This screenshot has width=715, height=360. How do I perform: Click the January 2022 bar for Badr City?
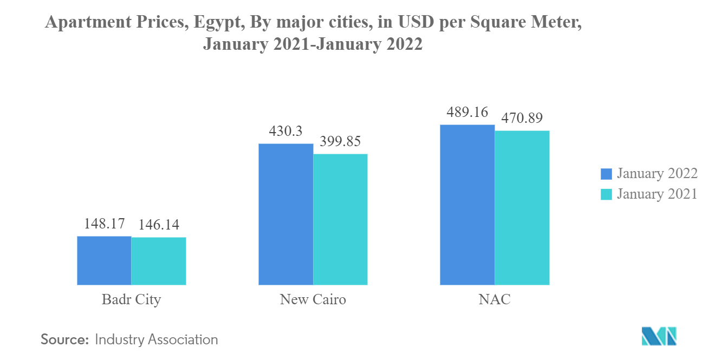point(104,260)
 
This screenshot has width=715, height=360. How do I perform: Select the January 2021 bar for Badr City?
point(159,261)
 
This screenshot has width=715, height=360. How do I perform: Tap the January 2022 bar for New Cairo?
point(285,214)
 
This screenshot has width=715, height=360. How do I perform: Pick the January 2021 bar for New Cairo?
point(340,219)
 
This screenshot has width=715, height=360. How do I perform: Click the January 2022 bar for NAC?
point(467,205)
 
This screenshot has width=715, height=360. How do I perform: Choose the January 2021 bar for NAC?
point(522,207)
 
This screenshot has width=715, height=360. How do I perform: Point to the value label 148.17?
point(104,223)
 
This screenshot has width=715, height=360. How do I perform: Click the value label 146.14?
point(159,224)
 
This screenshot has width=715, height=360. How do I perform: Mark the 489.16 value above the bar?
point(467,112)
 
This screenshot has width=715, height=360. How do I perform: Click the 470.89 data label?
point(522,117)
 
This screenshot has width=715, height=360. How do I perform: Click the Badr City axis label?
point(131,299)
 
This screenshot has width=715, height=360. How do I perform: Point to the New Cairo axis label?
point(313,299)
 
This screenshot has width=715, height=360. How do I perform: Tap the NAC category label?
point(495,299)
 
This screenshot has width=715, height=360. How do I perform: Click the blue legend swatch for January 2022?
point(606,174)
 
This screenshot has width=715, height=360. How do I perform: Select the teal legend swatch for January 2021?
point(606,194)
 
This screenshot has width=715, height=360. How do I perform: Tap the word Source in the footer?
point(64,340)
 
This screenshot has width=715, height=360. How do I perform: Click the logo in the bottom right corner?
point(659,336)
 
